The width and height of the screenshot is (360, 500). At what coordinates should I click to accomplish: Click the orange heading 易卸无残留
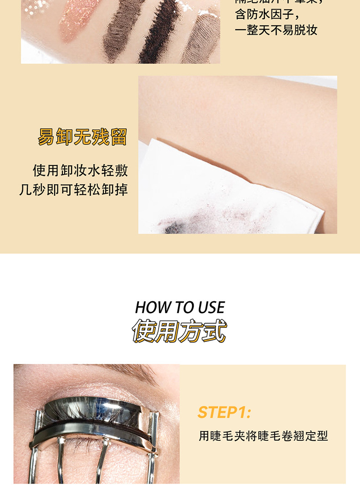pyautogui.click(x=82, y=137)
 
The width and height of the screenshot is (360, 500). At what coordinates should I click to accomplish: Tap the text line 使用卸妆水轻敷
pyautogui.click(x=80, y=171)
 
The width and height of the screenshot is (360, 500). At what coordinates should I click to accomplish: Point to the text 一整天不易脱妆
pyautogui.click(x=276, y=31)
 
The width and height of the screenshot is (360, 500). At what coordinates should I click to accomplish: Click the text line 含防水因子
pyautogui.click(x=266, y=15)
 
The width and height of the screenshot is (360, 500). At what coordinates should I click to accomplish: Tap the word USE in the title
pyautogui.click(x=211, y=308)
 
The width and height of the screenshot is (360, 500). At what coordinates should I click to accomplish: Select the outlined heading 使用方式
pyautogui.click(x=180, y=331)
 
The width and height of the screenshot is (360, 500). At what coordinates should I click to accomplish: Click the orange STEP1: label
pyautogui.click(x=224, y=412)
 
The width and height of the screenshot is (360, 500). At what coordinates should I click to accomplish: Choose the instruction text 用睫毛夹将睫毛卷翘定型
pyautogui.click(x=263, y=436)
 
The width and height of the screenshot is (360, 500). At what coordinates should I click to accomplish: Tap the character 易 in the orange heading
pyautogui.click(x=46, y=137)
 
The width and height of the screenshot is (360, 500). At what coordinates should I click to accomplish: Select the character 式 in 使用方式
pyautogui.click(x=215, y=331)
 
